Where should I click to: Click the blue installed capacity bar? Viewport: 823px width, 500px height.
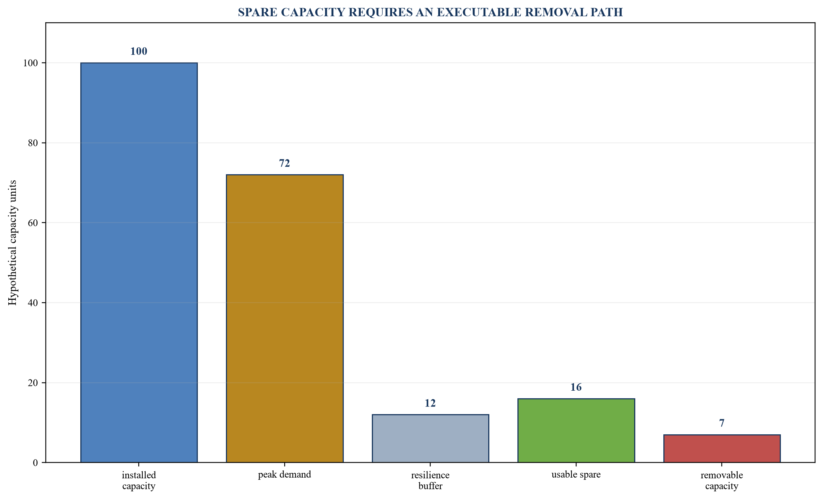[x=139, y=263]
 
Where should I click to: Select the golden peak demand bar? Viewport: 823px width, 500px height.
[x=285, y=319]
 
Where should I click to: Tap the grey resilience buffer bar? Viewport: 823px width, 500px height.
[x=430, y=438]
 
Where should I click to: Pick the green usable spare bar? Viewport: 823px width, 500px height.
[x=576, y=430]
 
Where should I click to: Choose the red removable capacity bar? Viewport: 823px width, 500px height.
[x=722, y=448]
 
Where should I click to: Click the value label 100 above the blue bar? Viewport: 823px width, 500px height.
[x=139, y=52]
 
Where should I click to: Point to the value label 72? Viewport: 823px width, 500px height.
[x=285, y=163]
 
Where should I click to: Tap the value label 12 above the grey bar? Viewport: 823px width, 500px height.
[x=430, y=403]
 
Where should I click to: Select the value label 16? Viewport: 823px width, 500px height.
[x=576, y=387]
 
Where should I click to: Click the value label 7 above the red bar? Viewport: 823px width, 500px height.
[x=722, y=423]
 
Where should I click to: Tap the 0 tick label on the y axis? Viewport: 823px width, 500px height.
[x=35, y=462]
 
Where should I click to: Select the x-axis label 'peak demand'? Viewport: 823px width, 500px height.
[x=285, y=475]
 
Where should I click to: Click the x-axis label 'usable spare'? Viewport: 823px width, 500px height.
[x=576, y=475]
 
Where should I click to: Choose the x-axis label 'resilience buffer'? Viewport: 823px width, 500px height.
[x=430, y=481]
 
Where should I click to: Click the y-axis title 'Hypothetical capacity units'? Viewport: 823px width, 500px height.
[x=13, y=243]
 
